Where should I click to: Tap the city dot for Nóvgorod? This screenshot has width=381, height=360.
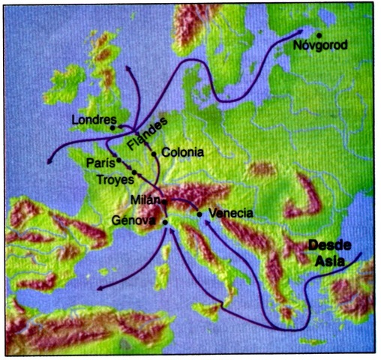[319, 34]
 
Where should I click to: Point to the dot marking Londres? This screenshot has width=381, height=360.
[112, 127]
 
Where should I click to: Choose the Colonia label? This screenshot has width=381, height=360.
[182, 152]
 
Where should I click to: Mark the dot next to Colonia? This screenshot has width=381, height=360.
[154, 154]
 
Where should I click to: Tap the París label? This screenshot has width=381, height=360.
[99, 162]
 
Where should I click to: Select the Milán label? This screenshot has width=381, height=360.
[144, 201]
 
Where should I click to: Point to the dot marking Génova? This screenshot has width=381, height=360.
[164, 222]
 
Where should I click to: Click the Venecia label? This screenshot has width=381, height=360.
[230, 213]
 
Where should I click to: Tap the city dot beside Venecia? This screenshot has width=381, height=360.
[199, 214]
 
